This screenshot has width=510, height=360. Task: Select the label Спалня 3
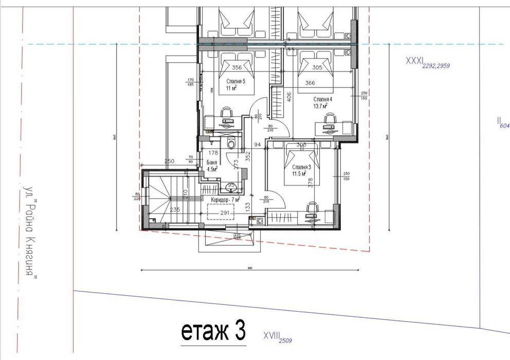(302, 168)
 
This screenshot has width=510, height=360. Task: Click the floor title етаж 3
(212, 332)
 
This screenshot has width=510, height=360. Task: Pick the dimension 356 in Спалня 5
(236, 67)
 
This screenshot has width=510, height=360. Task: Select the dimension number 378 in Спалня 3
(310, 184)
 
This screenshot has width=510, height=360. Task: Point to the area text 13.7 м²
(320, 106)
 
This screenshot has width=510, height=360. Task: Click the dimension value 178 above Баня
(213, 152)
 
